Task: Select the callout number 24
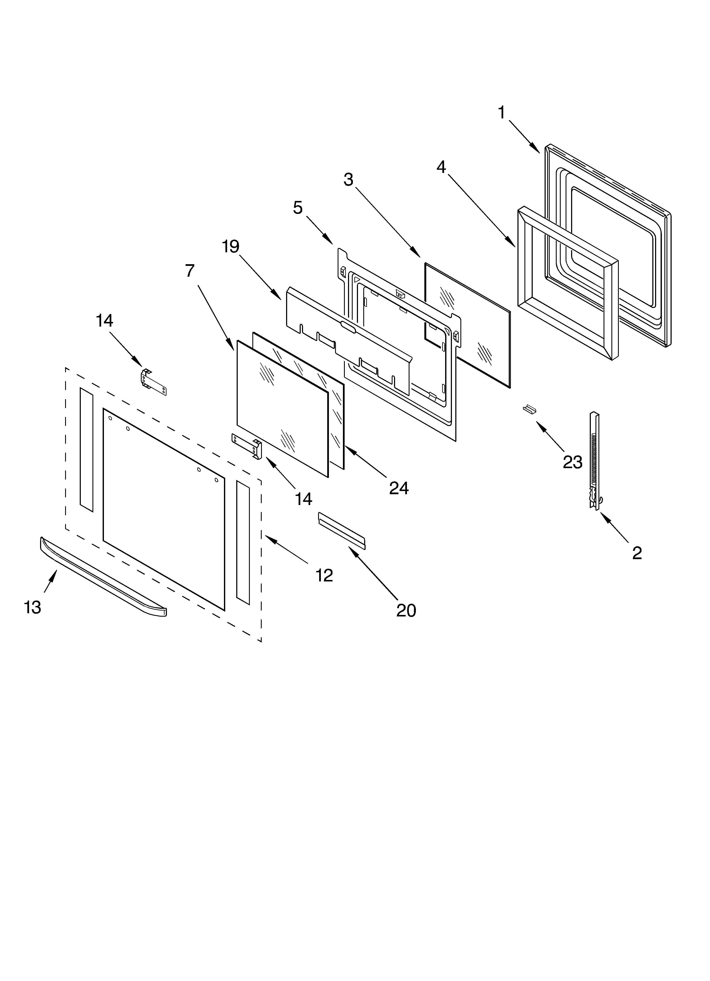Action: click(398, 488)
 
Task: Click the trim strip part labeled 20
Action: click(342, 531)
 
